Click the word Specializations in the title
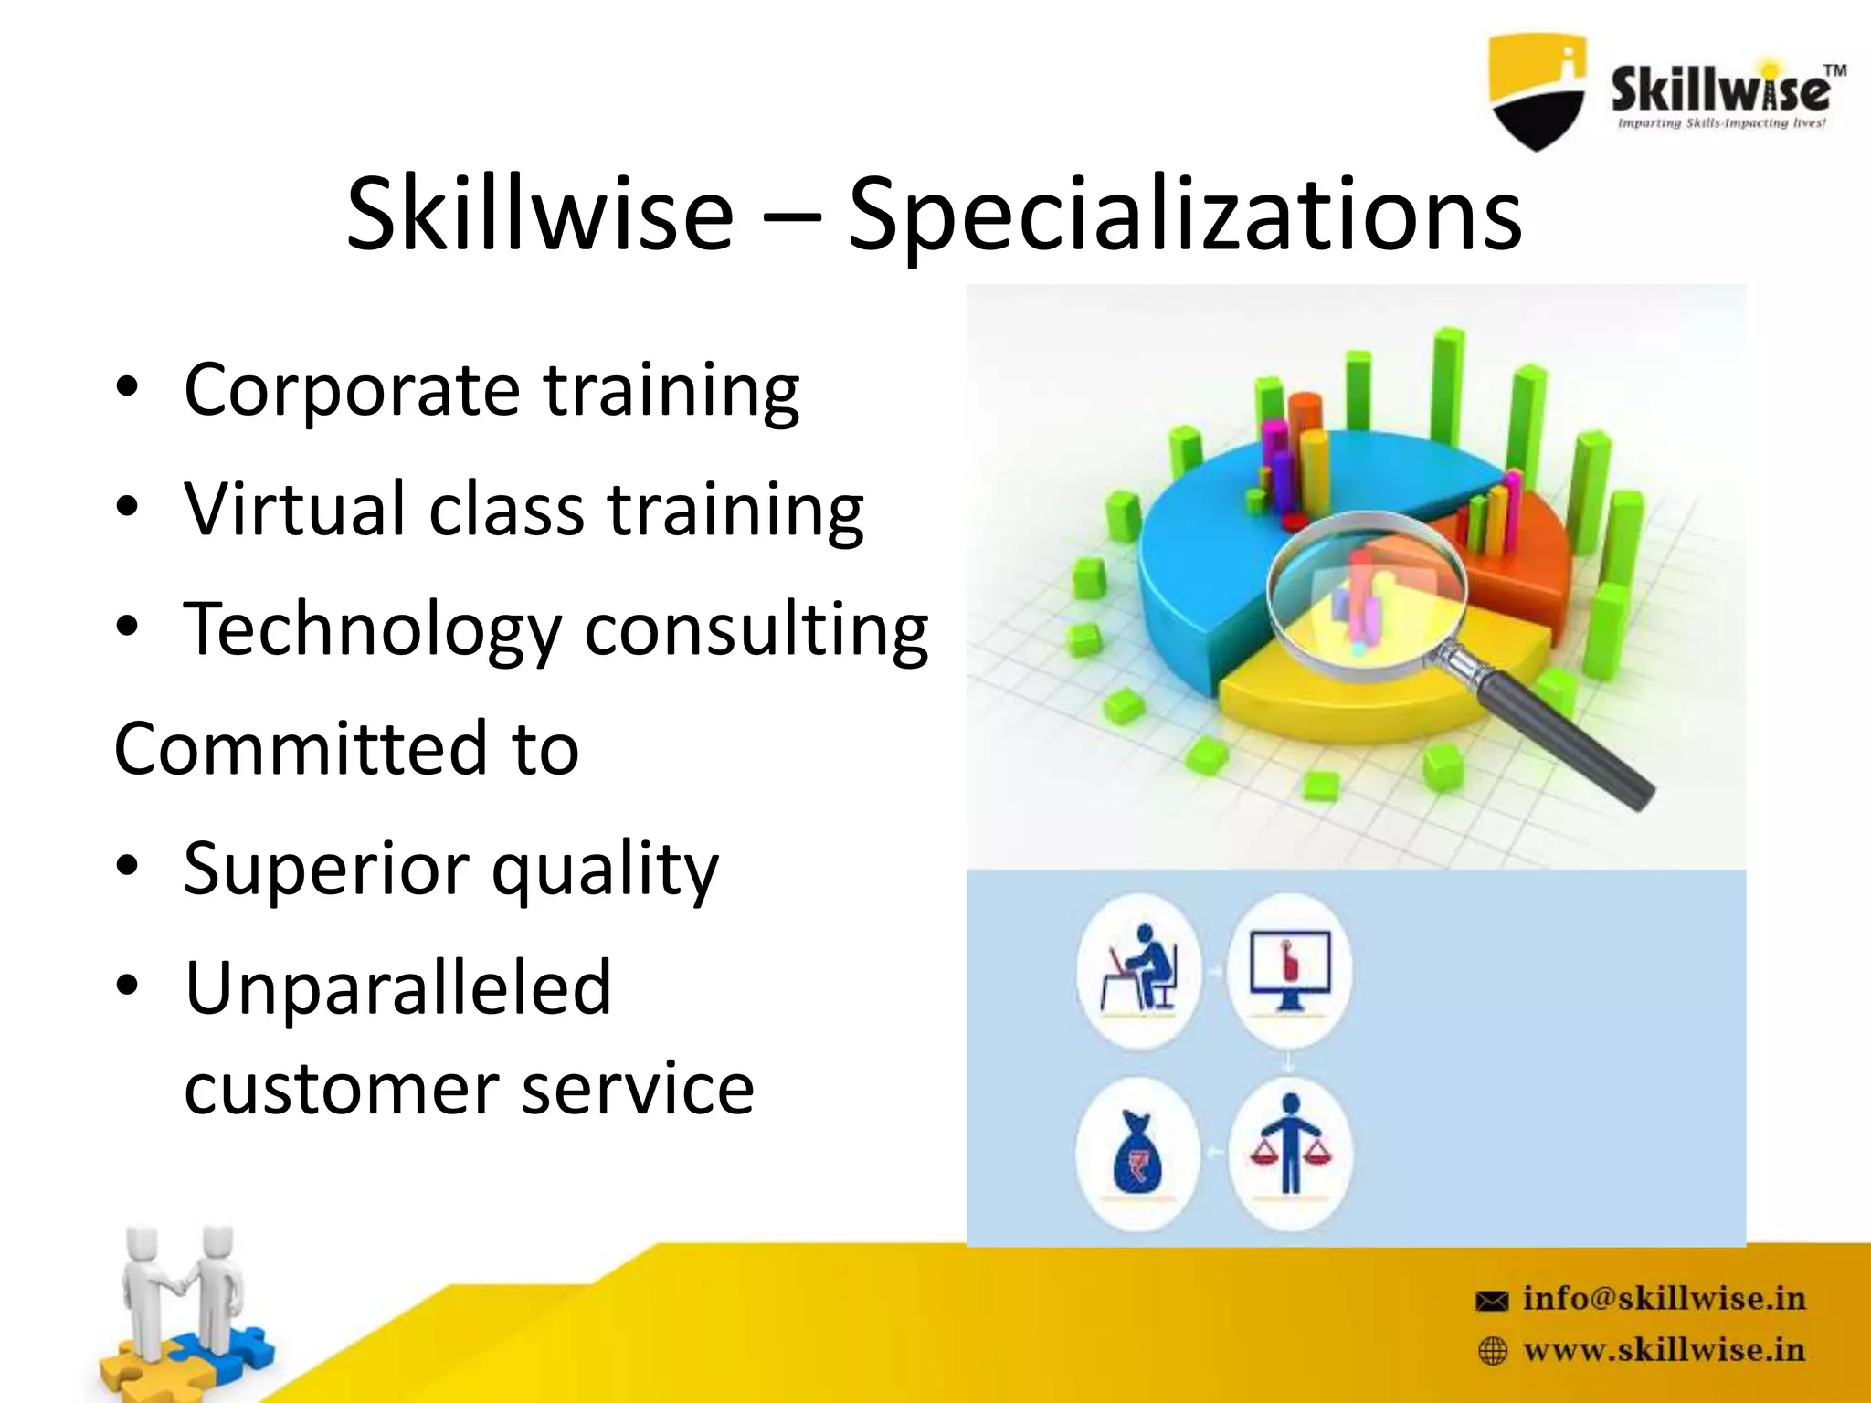tap(1184, 216)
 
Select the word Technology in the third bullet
tap(372, 630)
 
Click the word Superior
tap(325, 868)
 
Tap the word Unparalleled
tap(397, 988)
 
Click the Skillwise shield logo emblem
tap(1537, 91)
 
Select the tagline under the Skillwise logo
tap(1721, 123)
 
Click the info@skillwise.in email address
tap(1664, 1298)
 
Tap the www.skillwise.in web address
tap(1664, 1350)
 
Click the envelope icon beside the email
tap(1492, 1301)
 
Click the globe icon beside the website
tap(1492, 1351)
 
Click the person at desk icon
tap(1139, 969)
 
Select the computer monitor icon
tap(1289, 970)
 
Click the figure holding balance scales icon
tap(1289, 1146)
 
